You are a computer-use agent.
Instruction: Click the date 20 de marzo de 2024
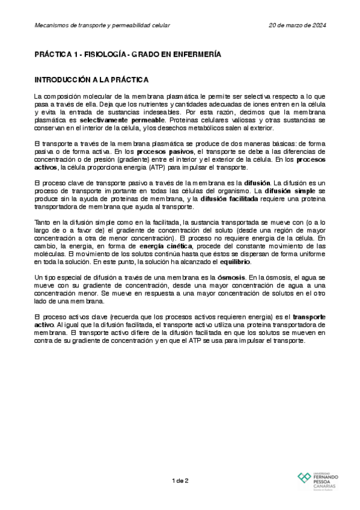pyautogui.click(x=297, y=25)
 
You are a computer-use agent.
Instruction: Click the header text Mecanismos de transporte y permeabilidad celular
pyautogui.click(x=102, y=25)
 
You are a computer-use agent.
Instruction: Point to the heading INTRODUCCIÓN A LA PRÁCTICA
pyautogui.click(x=91, y=80)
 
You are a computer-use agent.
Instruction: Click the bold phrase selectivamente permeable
pyautogui.click(x=114, y=120)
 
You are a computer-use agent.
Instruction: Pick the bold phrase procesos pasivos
pyautogui.click(x=165, y=153)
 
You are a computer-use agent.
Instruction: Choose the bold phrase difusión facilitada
pyautogui.click(x=227, y=199)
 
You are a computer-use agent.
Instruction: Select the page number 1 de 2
pyautogui.click(x=180, y=480)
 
